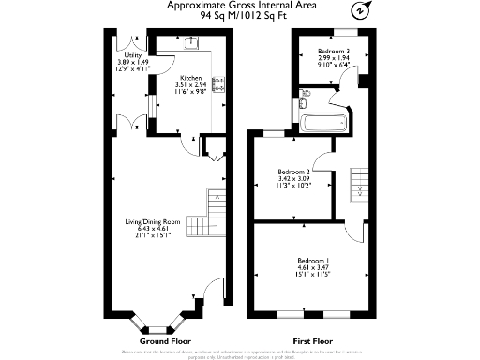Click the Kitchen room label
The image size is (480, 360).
(190, 78)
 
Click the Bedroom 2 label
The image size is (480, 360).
(293, 172)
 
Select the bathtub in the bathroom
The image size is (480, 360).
(323, 123)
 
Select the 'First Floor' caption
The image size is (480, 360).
(314, 341)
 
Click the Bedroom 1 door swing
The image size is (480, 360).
(354, 230)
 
